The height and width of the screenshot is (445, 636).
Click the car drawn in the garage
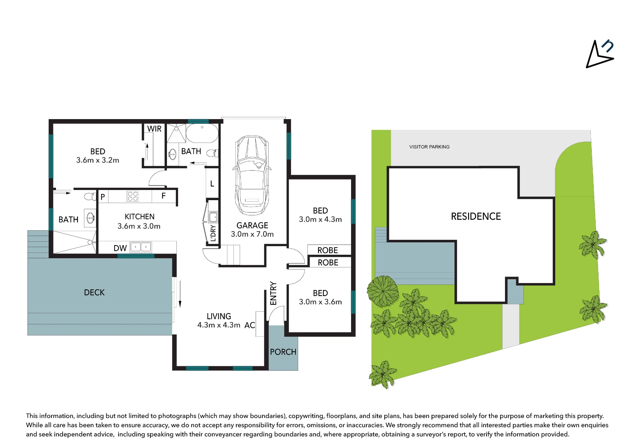pos(252,175)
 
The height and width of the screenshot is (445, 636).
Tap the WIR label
pos(154,129)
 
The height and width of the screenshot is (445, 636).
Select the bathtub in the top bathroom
pos(202,133)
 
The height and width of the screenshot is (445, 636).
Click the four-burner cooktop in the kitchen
pos(133,196)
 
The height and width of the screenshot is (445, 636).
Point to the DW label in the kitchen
pos(120,248)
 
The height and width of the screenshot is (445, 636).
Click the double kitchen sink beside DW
pos(141,247)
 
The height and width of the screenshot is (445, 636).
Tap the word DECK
pos(94,293)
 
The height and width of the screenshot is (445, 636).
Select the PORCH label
pos(283,352)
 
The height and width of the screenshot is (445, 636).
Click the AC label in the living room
pos(250,325)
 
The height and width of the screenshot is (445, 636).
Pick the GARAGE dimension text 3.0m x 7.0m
pos(252,234)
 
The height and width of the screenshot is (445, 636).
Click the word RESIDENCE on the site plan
pos(476,216)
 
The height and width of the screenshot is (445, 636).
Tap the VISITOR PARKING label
pos(429,147)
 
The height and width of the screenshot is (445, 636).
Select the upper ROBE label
pos(328,250)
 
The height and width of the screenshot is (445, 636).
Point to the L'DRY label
pos(213,233)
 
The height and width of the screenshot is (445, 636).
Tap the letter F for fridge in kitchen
pos(163,196)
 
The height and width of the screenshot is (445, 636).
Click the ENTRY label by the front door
pos(273,293)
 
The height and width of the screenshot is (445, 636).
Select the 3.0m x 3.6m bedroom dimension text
pos(320,302)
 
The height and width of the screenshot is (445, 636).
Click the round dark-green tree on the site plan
pos(383,291)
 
